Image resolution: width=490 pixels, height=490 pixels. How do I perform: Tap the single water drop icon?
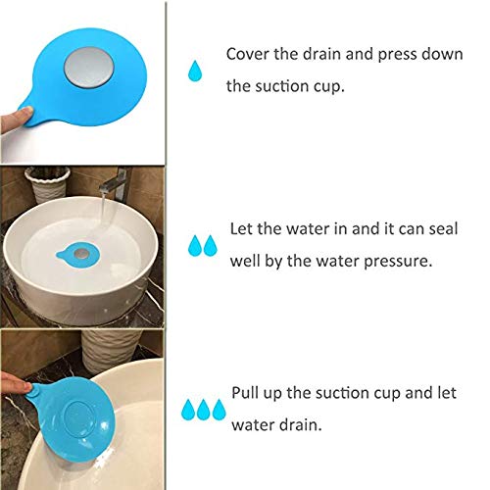196,71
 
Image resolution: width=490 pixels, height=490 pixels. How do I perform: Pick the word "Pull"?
246,394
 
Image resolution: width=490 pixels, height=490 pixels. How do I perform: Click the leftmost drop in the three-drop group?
188,409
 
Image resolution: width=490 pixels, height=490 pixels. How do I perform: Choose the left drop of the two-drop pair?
196,244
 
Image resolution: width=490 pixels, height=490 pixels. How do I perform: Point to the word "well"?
248,264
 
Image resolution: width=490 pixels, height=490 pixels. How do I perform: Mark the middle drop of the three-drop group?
204,409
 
